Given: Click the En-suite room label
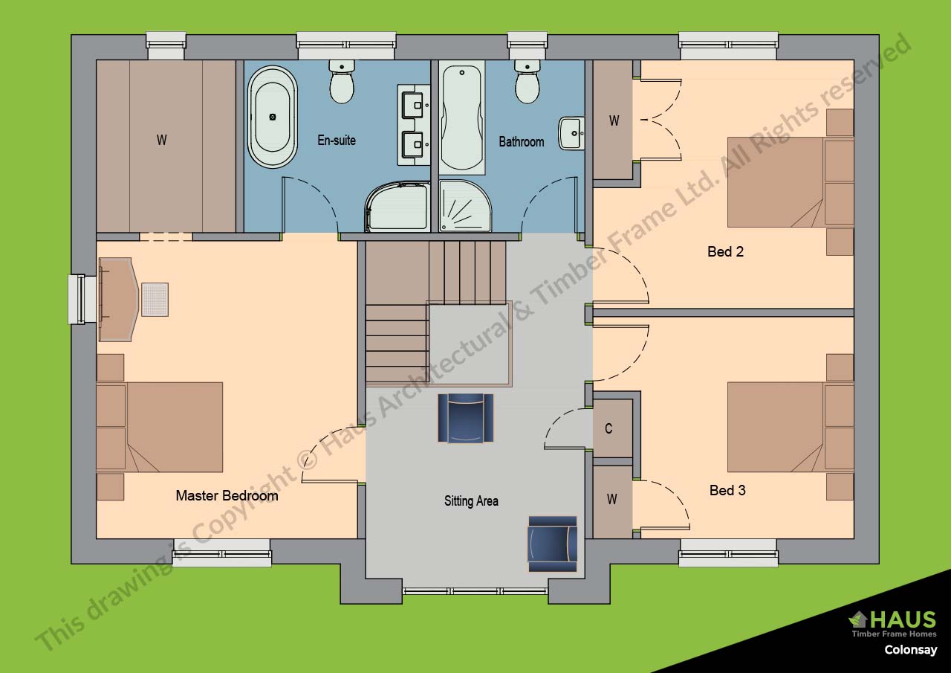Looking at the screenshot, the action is point(337,141).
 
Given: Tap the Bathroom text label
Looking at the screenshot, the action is point(522,141).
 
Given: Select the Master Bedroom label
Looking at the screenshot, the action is point(227,495).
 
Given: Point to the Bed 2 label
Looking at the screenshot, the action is point(726,251).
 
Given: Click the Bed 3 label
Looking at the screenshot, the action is point(727,490).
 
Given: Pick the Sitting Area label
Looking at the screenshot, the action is point(471,501).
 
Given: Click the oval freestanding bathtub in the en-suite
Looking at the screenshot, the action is point(273,117).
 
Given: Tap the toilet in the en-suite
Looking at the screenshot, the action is point(342,81).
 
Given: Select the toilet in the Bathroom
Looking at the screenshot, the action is point(528,81).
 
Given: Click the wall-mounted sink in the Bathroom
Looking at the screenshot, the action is point(572,133).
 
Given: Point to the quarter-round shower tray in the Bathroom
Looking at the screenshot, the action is point(465,206).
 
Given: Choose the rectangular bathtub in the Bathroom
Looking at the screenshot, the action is point(462,117).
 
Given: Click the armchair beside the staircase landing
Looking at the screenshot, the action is point(466,418).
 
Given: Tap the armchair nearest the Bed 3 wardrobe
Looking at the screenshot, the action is point(552,544).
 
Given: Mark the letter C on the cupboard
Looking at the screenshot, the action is point(608,428).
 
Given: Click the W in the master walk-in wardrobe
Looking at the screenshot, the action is point(161,140).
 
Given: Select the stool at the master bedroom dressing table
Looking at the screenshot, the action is point(155,300).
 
